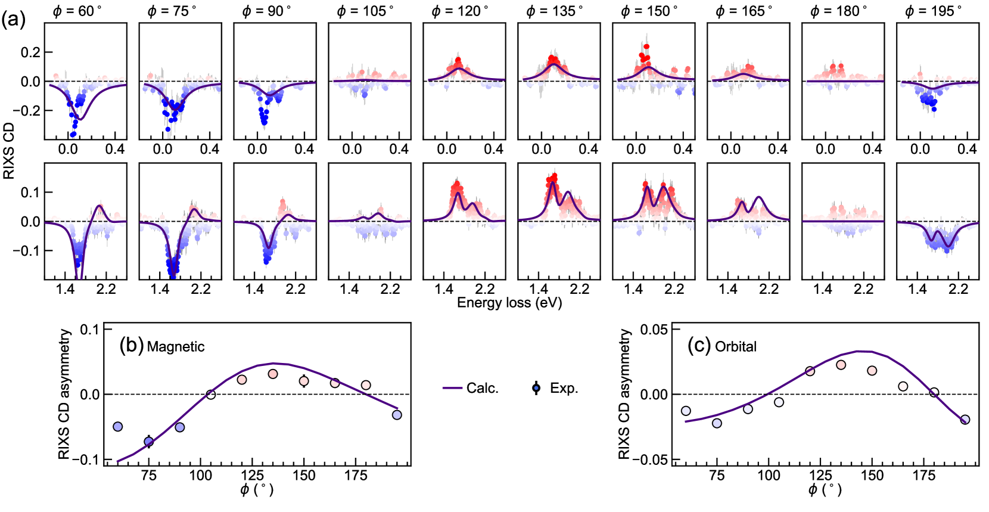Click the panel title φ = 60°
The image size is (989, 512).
(77, 11)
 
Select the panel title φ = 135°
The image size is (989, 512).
(555, 11)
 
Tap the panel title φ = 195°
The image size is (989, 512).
(934, 11)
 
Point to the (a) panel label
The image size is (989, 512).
(13, 20)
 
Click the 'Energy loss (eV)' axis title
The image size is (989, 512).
(509, 303)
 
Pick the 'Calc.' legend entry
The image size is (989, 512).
(471, 388)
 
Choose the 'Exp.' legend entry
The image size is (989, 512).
(556, 388)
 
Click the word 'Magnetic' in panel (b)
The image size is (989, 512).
(176, 347)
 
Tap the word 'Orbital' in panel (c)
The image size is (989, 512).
(736, 347)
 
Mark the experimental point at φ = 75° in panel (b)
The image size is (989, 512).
(149, 442)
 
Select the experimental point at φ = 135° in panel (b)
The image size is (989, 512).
(273, 374)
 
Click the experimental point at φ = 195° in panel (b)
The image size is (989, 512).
(397, 415)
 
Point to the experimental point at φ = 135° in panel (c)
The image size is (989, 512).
(841, 365)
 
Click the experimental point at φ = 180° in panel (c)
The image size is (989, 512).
(934, 392)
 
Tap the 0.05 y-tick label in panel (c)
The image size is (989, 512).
(654, 330)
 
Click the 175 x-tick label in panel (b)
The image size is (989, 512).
(356, 476)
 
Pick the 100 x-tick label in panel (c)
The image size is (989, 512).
(769, 476)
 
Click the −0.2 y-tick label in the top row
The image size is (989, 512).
(26, 110)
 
